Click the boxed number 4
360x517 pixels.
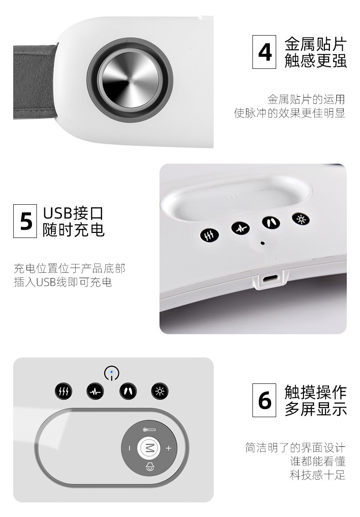pos(264,52)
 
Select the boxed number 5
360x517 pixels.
pos(25,221)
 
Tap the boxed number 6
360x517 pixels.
pos(264,400)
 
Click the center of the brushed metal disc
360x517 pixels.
pos(130,80)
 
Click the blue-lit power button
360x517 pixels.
pos(112,373)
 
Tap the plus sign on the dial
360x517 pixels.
pos(169,448)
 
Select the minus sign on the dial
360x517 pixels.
pos(129,448)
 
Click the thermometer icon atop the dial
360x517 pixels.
pos(149,429)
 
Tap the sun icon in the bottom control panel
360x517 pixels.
pos(159,391)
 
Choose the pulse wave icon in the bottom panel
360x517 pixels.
pos(95,391)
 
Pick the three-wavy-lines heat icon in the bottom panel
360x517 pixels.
pos(63,391)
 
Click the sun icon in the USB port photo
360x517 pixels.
pos(301,219)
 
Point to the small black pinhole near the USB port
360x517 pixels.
pos(262,243)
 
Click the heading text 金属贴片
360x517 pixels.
pos(315,44)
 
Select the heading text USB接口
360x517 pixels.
pos(73,213)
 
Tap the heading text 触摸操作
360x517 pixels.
pos(315,392)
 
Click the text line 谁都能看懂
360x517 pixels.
pos(318,461)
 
